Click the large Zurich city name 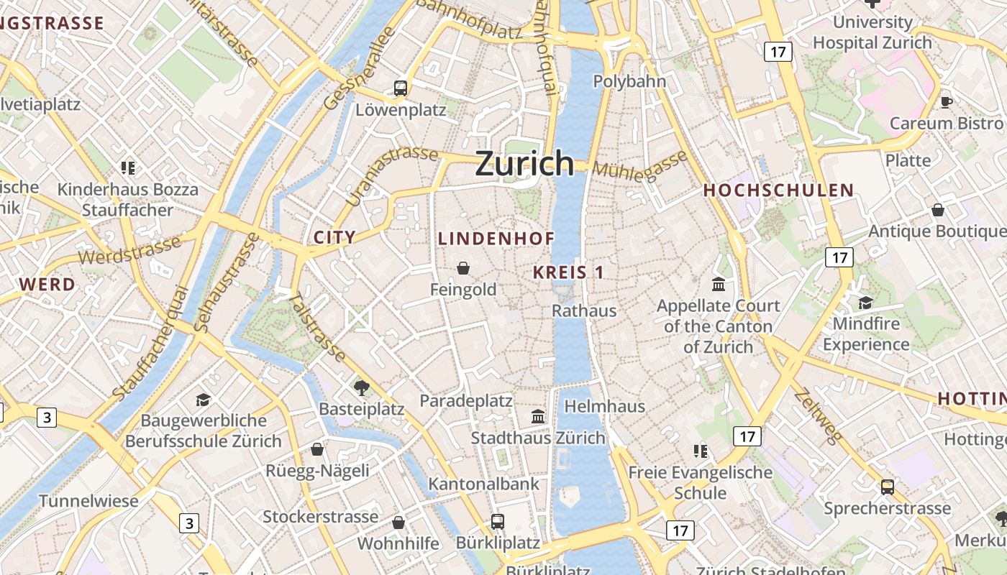point(524,164)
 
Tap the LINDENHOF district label point(496,239)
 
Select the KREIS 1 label point(568,272)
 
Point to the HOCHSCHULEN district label point(778,190)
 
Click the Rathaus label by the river point(584,310)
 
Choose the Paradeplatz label point(466,401)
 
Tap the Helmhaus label point(604,406)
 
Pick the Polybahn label point(629,81)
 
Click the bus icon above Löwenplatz point(401,88)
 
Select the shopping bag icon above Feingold point(463,268)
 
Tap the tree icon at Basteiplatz point(361,388)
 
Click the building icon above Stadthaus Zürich point(537,416)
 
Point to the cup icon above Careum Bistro point(947,102)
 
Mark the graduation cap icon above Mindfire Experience point(865,303)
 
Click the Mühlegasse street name point(640,168)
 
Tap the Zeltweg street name point(818,417)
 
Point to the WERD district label point(47,284)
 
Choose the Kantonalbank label point(483,484)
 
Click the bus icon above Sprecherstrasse point(888,487)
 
